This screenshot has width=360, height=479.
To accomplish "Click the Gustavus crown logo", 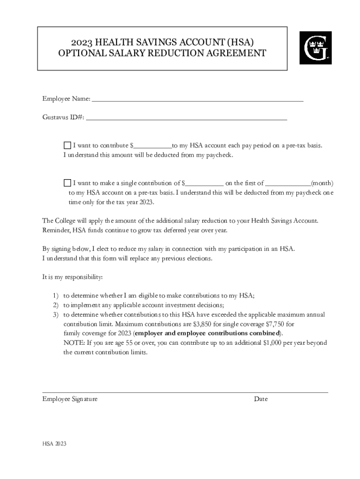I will [x=315, y=48].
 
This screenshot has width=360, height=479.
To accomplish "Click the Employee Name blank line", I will [x=197, y=99].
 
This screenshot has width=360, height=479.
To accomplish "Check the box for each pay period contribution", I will [x=67, y=145].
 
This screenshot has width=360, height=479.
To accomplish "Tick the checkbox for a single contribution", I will [x=67, y=183].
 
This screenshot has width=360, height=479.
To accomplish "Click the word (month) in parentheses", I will [x=322, y=183].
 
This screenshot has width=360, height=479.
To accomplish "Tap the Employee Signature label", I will [x=70, y=399].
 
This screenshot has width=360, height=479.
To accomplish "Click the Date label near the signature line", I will [x=260, y=399].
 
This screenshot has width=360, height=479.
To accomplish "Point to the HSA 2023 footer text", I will [x=54, y=444].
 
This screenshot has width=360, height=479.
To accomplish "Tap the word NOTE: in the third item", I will [x=74, y=343].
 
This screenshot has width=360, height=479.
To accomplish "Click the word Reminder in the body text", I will [x=56, y=230].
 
